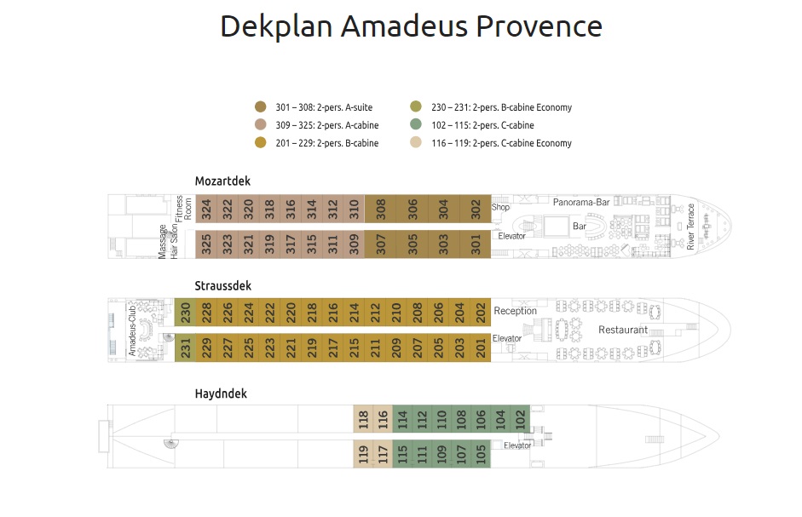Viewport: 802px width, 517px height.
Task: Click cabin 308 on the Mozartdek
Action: coord(381,210)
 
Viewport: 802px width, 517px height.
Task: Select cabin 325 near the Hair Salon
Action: coord(205,244)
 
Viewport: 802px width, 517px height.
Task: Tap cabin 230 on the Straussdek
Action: coord(185,313)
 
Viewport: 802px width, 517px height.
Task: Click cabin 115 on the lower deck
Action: coord(402,454)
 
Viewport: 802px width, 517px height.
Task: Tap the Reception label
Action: coord(516,311)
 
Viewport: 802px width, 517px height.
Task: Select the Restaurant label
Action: coord(623,330)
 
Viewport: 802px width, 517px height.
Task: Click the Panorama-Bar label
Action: coord(581,203)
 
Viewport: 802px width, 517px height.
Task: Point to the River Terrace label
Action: coord(692,226)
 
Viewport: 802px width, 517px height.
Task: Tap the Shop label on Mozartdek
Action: coord(500,207)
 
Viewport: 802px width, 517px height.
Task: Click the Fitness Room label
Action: coord(184,210)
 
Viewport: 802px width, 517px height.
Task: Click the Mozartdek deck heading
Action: coord(222,181)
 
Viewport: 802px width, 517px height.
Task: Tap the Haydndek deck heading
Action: coord(221,393)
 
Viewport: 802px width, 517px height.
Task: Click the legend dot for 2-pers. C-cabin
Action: coord(416,124)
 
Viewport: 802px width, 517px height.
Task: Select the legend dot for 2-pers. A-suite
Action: coord(261,107)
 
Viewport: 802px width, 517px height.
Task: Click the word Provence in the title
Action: coord(539,26)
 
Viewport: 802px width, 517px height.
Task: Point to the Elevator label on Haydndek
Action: coord(517,445)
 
